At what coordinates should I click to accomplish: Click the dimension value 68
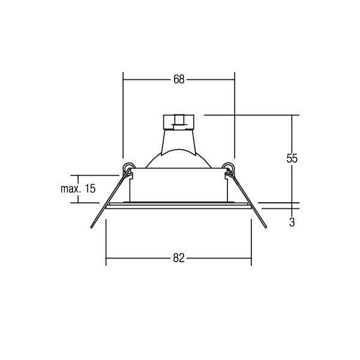pos(179,79)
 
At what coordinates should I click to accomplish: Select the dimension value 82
pos(179,258)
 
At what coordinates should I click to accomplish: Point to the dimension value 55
pos(292,158)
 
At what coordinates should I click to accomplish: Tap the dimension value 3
pos(292,222)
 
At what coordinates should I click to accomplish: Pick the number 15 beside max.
pos(90,188)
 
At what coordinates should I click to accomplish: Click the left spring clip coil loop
pos(128,167)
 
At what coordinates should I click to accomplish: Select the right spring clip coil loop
pos(229,167)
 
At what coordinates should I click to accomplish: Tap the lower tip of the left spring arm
pos(91,227)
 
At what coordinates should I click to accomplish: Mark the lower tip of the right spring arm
pos(266,227)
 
